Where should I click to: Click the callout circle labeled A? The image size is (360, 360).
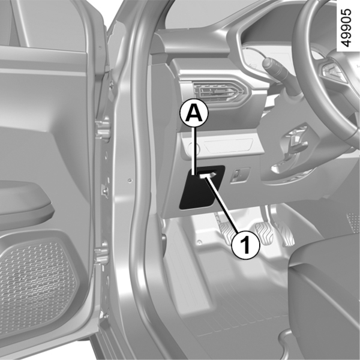(194, 113)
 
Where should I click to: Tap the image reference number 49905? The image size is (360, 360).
(346, 28)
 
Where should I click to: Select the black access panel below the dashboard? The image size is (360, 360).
(201, 187)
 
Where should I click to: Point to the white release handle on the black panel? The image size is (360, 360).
(207, 175)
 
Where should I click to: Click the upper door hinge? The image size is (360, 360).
(103, 129)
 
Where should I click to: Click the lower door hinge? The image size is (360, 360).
(101, 253)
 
